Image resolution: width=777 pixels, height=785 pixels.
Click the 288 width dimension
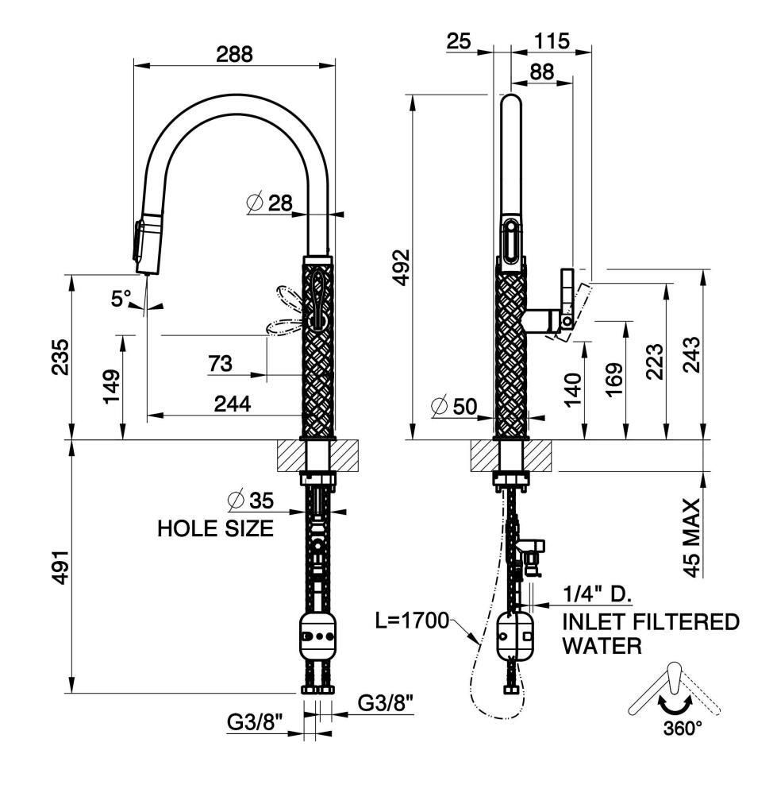pos(234,53)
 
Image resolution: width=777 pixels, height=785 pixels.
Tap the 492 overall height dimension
pos(402,267)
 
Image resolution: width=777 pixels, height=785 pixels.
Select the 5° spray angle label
pos(121,299)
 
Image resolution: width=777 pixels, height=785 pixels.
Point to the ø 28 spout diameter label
pos(270,203)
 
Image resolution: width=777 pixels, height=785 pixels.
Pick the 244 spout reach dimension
pos(233,404)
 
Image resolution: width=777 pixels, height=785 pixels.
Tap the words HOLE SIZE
pos(216,528)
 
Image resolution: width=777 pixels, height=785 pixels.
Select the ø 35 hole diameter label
pos(251,500)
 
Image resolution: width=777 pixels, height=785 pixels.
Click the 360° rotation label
pos(682,728)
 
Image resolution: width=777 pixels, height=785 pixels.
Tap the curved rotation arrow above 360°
pos(674,705)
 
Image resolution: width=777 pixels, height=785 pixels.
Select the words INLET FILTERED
pos(651,622)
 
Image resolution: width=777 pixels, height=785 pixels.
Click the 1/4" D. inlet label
pos(598,595)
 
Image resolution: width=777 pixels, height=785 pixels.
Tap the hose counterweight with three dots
pos(317,636)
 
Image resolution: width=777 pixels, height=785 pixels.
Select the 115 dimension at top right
pos(552,41)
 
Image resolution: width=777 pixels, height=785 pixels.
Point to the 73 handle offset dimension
pos(220,363)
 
